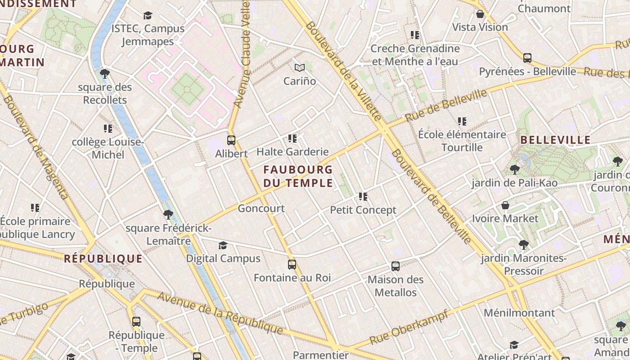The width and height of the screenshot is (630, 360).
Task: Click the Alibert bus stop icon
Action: [231, 140]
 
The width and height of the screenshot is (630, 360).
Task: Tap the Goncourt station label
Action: [261, 208]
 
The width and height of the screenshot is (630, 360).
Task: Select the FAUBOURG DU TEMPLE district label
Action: [298, 176]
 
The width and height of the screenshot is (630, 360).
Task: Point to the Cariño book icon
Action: [300, 68]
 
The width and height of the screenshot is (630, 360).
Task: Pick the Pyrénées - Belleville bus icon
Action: [527, 58]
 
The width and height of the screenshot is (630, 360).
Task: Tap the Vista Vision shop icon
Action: [480, 14]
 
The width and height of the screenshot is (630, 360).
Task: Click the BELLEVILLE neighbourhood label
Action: [555, 140]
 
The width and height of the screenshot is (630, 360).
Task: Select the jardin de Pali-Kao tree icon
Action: [515, 170]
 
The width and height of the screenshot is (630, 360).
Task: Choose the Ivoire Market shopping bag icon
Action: [505, 205]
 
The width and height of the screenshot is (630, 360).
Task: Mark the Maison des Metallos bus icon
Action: [396, 266]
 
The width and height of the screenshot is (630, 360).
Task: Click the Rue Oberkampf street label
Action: [409, 327]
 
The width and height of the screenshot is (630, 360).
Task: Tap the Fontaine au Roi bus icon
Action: [292, 265]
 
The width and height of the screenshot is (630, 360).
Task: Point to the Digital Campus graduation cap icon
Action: [223, 245]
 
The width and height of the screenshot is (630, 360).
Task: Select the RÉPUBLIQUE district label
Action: [103, 259]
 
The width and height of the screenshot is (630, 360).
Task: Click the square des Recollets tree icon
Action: [105, 73]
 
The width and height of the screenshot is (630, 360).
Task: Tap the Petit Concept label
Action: [363, 210]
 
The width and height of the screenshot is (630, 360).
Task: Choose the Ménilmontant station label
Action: [519, 313]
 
